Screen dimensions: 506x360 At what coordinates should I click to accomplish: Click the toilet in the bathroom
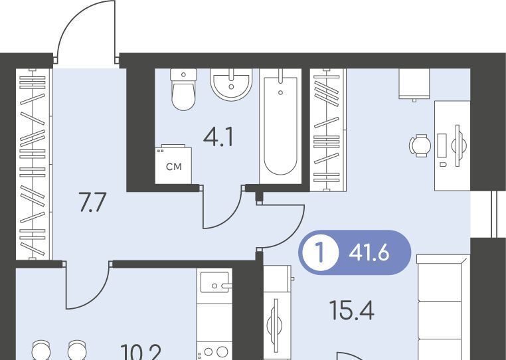tap(183, 89)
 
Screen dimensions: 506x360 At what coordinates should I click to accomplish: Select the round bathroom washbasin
tap(231, 84)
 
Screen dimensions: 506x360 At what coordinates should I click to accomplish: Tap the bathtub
tap(280, 126)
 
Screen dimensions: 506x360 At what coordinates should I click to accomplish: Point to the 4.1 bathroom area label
tap(218, 137)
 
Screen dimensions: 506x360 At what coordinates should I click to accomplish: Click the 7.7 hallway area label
tap(92, 202)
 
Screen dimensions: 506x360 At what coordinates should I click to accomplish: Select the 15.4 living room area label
tap(352, 310)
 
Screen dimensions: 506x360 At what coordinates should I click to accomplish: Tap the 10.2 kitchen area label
tap(141, 352)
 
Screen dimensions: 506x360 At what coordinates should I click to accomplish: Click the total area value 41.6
tap(369, 252)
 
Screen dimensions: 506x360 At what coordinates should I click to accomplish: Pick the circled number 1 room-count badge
tap(320, 252)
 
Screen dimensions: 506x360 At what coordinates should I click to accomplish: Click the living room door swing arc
tap(293, 233)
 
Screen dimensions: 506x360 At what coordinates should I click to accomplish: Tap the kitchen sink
tap(214, 282)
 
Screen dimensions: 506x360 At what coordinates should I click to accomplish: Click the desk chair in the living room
tap(420, 145)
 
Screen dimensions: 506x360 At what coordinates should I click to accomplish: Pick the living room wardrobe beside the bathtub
tap(328, 130)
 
